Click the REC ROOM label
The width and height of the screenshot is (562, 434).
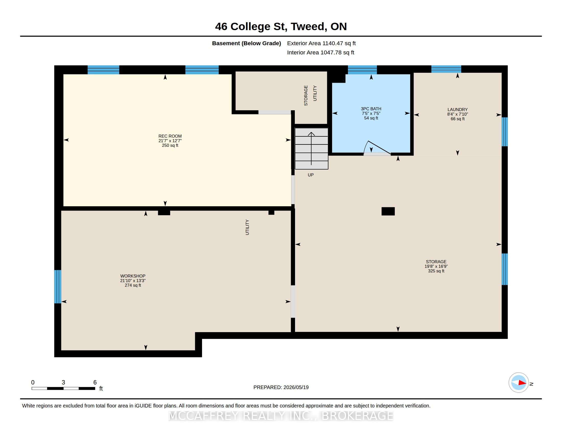point(170,136)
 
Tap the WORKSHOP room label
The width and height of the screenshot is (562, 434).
point(133,276)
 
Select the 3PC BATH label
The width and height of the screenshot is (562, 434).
point(371,109)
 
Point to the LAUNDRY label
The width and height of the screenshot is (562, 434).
point(457,110)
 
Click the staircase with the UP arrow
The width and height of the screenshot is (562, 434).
point(311,149)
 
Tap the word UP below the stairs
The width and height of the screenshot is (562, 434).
point(311,175)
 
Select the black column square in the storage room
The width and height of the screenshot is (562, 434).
point(388,211)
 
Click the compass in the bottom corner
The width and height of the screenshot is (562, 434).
point(519,383)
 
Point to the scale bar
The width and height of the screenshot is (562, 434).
point(63,389)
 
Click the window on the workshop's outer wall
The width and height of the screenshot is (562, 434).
point(58,287)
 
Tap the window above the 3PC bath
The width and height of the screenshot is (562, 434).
point(362,70)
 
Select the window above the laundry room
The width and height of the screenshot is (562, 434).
point(446,69)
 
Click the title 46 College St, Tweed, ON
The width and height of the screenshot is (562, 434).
point(281,27)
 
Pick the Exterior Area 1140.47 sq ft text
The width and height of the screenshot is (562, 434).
point(321,43)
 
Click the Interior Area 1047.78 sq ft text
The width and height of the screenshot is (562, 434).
point(321,52)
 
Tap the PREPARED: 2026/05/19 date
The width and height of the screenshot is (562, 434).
point(281,387)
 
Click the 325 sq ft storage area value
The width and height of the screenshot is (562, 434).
point(436,271)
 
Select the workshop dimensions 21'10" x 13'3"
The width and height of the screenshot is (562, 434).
point(133,281)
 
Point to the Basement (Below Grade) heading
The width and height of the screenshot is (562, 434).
point(247,43)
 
